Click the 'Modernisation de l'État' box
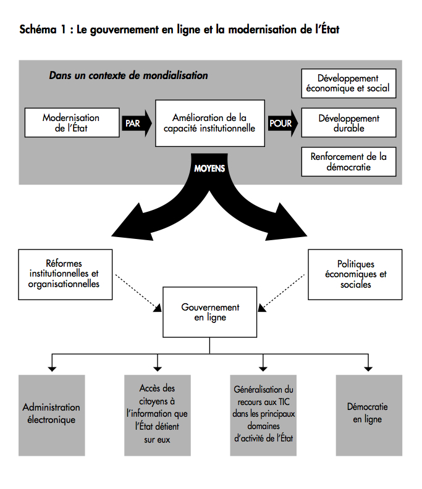72,123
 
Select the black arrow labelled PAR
137,123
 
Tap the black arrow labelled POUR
283,123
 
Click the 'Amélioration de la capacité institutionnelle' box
209,123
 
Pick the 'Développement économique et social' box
348,83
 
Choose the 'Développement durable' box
348,123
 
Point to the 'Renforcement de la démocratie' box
348,162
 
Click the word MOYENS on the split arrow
209,169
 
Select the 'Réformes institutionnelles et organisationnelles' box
65,274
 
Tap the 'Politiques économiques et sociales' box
355,274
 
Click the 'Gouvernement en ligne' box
209,312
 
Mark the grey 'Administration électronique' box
51,416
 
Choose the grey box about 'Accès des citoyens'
158,416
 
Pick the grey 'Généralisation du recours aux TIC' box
263,416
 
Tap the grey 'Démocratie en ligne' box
369,416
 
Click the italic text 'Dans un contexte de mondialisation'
129,75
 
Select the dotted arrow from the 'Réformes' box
138,293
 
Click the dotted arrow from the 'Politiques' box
281,293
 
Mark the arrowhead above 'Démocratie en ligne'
368,369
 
